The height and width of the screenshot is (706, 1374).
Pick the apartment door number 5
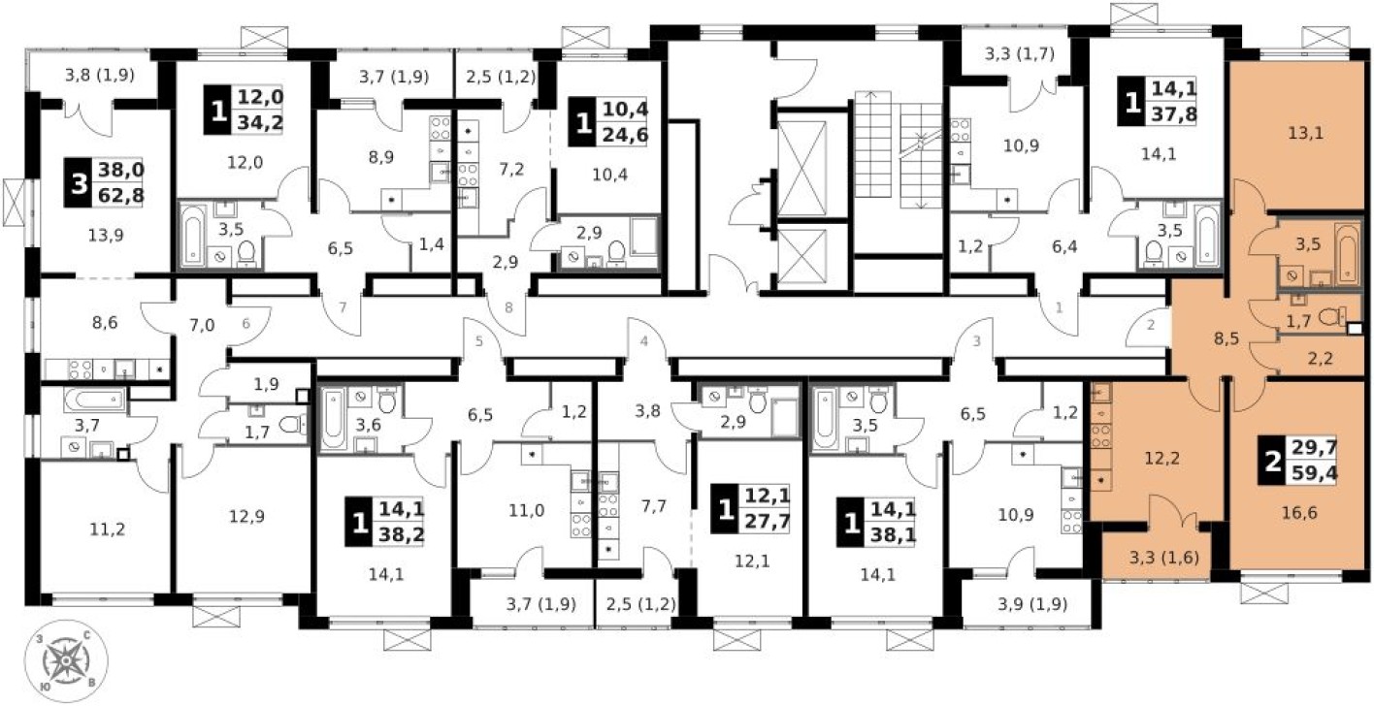click(x=478, y=340)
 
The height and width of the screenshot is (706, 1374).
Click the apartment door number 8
click(x=508, y=308)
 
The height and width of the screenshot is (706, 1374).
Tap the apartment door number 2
click(x=1151, y=324)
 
